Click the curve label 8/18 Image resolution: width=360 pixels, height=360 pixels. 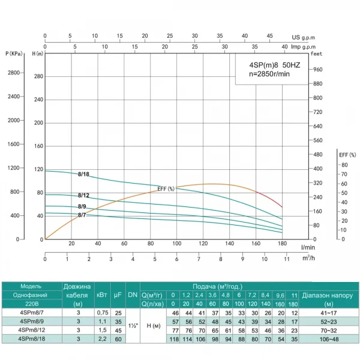coord(83,175)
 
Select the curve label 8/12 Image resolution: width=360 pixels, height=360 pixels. coord(83,196)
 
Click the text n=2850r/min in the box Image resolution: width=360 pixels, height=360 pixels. coord(270,74)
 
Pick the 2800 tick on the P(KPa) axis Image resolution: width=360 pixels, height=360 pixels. coord(13,73)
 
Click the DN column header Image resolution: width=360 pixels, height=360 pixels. coord(133,295)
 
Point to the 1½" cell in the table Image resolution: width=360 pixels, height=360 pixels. coord(133,326)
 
